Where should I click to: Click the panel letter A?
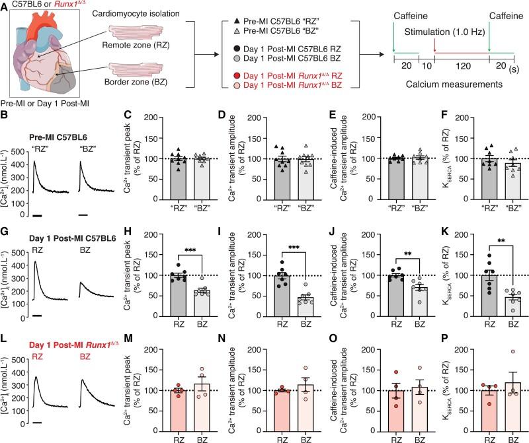(5, 6)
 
